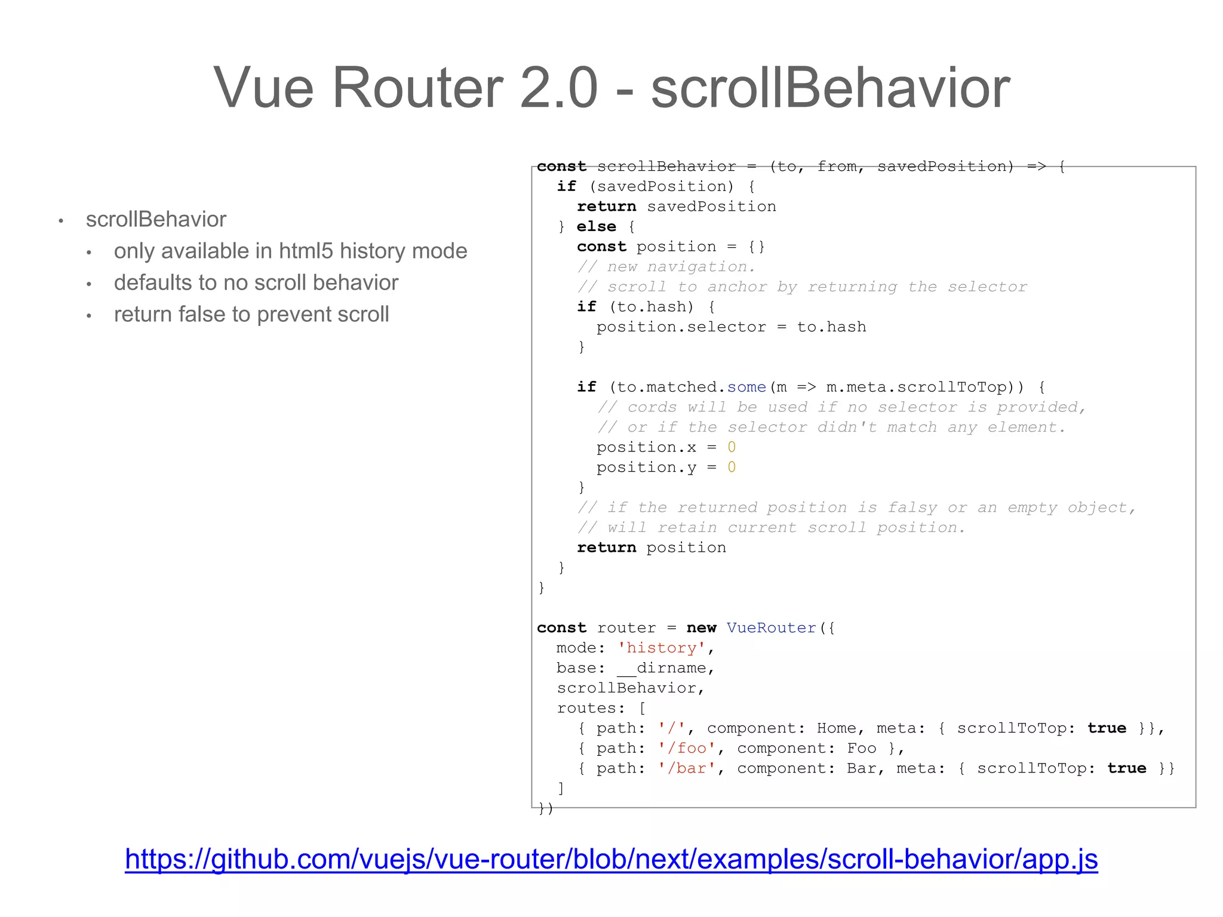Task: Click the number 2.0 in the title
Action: pos(559,88)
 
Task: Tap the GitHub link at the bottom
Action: pos(611,859)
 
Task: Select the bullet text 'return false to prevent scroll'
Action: pos(251,314)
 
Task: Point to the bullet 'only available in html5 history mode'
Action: pos(290,251)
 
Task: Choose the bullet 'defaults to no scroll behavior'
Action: pos(256,282)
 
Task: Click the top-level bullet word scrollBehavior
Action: pos(156,219)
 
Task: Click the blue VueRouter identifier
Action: pos(771,627)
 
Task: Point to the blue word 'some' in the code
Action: pos(746,387)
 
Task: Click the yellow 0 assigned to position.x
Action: pos(732,447)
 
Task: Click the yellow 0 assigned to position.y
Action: pos(732,467)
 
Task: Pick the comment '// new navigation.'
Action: pos(666,267)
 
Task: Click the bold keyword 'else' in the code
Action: pos(596,227)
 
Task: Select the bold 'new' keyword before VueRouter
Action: pos(701,628)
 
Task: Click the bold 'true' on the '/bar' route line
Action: pos(1126,768)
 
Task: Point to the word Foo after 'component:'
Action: pos(861,748)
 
